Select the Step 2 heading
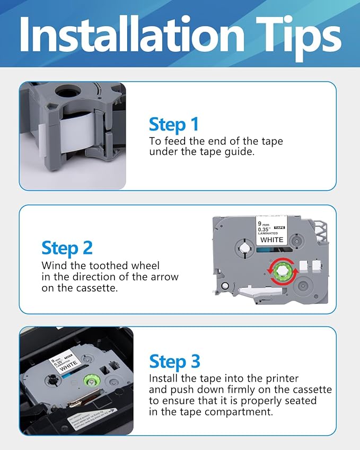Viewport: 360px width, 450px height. coord(67,248)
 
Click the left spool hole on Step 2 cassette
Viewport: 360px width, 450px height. coord(244,249)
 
